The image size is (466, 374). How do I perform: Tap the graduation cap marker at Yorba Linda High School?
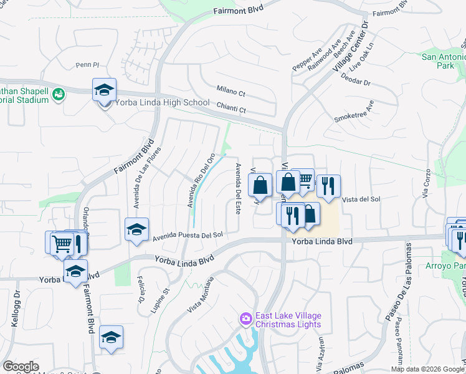[x=105, y=90]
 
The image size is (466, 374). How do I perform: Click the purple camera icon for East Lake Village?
[x=246, y=320]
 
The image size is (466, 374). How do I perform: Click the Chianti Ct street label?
[x=232, y=108]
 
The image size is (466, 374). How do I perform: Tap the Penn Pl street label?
[x=87, y=64]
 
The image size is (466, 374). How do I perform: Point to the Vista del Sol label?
[x=361, y=199]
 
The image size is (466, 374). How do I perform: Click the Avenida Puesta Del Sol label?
[x=188, y=235]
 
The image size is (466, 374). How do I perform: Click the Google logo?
[x=21, y=367]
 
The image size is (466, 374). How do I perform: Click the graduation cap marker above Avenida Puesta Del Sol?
[x=136, y=229]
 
